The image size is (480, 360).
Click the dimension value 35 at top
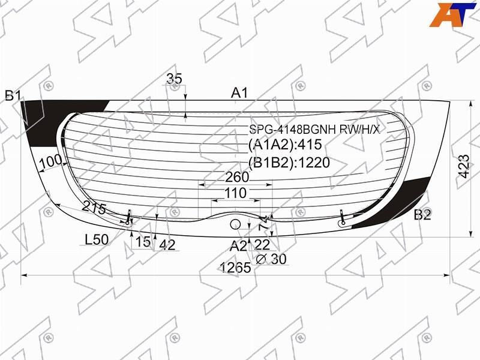[174, 79]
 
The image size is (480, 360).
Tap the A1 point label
[239, 93]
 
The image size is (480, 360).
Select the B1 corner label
[13, 96]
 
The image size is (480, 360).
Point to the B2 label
[422, 215]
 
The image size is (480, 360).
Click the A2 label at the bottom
[238, 245]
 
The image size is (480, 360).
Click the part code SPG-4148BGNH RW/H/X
[314, 130]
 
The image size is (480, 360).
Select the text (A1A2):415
[285, 144]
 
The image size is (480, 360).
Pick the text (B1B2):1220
[289, 163]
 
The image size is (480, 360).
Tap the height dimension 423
[464, 167]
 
